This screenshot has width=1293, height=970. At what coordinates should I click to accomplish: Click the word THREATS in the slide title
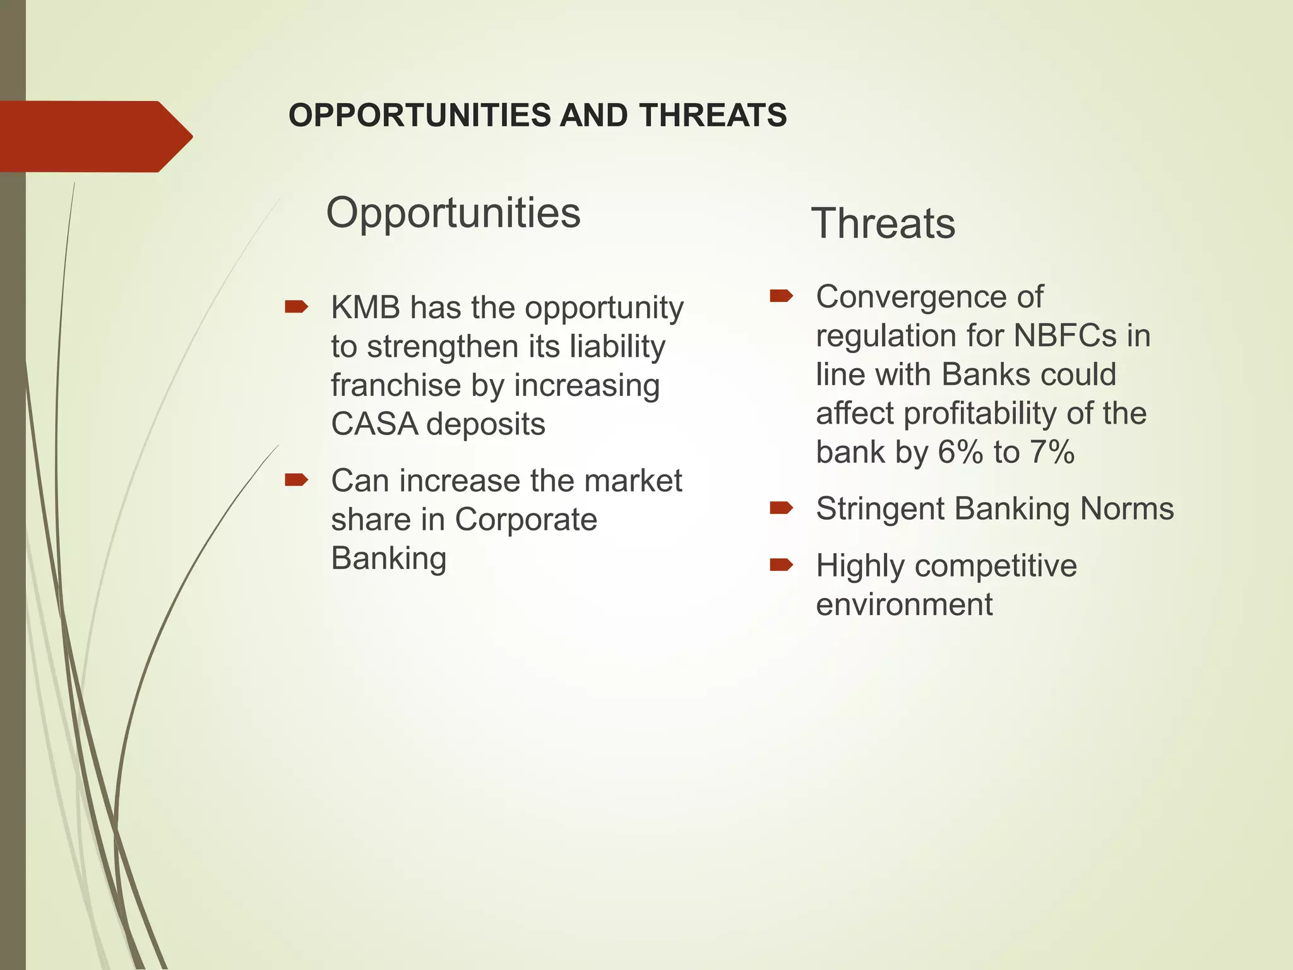click(713, 116)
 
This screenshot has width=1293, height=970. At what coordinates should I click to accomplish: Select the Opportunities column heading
click(453, 213)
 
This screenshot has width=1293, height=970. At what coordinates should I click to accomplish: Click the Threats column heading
click(883, 224)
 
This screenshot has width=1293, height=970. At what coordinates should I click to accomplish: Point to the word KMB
click(366, 308)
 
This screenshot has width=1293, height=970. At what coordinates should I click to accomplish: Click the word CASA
click(374, 424)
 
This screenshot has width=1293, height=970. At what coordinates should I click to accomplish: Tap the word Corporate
click(525, 520)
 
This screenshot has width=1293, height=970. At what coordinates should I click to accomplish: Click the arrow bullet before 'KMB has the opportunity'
click(296, 308)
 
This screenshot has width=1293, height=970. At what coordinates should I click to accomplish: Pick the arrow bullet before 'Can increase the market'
click(296, 481)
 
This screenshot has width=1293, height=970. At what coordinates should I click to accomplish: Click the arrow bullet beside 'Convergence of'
click(781, 296)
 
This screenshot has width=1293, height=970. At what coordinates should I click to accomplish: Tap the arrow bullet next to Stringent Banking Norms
click(781, 508)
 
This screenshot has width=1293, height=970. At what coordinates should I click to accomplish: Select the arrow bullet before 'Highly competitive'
click(781, 565)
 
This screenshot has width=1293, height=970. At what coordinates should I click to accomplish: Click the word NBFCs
click(1064, 336)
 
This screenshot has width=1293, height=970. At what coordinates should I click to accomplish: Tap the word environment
click(903, 605)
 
